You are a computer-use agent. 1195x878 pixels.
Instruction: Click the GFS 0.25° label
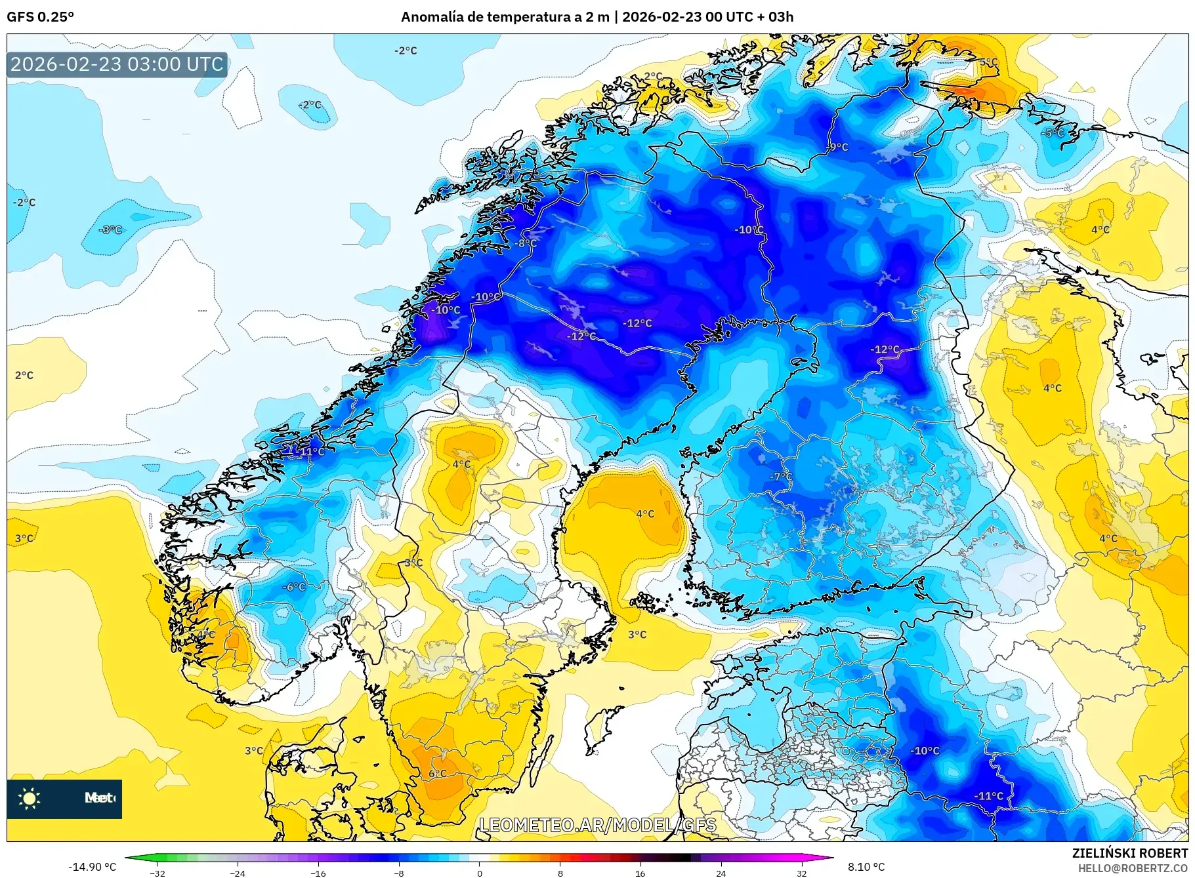(40, 17)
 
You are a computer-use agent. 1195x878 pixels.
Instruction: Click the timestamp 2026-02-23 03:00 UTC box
(117, 64)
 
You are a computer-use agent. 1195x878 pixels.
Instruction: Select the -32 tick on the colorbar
(157, 872)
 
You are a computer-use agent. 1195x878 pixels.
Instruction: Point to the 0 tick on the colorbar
(479, 872)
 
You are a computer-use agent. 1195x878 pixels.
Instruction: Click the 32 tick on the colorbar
(801, 872)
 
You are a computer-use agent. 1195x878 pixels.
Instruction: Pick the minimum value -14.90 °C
(93, 867)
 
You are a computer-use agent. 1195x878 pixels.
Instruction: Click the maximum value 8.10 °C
(866, 867)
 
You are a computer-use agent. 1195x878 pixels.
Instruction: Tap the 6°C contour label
(437, 773)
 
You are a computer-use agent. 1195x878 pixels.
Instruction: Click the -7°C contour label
(782, 477)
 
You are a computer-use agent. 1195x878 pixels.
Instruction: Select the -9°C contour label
(837, 147)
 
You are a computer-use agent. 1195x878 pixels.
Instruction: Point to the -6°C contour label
(294, 587)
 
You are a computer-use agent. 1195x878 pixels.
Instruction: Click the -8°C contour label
(525, 243)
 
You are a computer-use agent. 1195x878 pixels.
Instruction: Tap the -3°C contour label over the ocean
(110, 229)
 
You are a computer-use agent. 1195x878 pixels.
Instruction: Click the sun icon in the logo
(30, 798)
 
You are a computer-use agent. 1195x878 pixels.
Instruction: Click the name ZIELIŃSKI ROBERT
(1129, 853)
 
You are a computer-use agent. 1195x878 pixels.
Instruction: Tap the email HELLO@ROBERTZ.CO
(1132, 868)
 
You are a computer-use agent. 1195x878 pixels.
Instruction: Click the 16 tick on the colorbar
(640, 872)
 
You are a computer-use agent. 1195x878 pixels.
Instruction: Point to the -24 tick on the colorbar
(238, 872)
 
